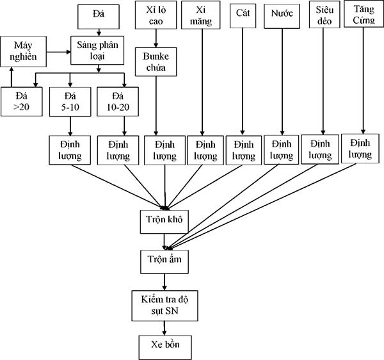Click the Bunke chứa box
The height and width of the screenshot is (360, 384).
pos(156,64)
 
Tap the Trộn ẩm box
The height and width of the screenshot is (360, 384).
pos(164,259)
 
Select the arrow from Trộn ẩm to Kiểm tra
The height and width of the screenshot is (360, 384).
pos(164,280)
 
